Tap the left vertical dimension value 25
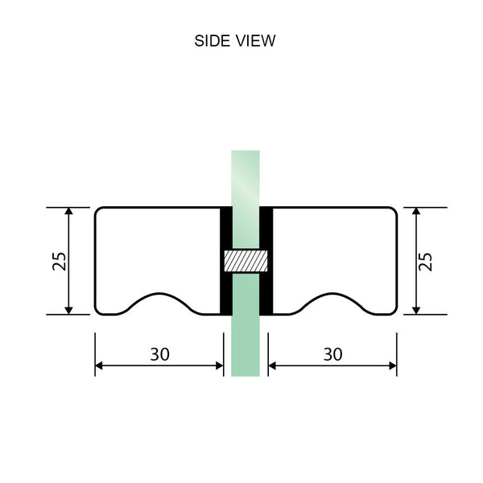[x=59, y=261]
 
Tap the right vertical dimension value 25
[x=426, y=261]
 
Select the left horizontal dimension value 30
[x=159, y=353]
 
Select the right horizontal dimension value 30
[x=332, y=353]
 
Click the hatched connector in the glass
[x=246, y=261]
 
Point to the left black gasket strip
[x=226, y=261]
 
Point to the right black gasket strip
[x=266, y=261]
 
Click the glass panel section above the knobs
[x=246, y=177]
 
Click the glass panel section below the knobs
[x=246, y=346]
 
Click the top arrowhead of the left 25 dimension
[x=69, y=212]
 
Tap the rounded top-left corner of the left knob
[x=99, y=212]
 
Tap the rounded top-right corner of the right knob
[x=393, y=212]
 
